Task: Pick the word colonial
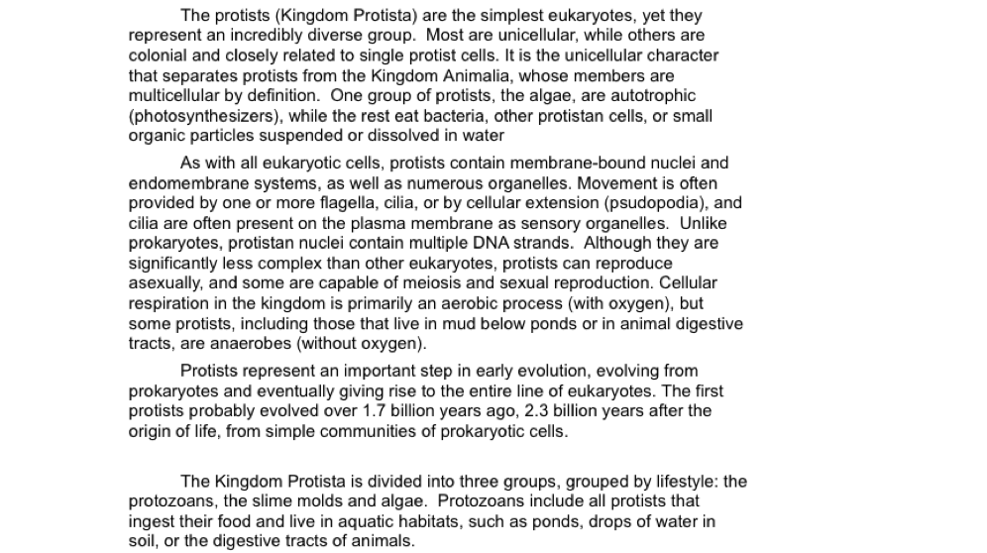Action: [162, 55]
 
